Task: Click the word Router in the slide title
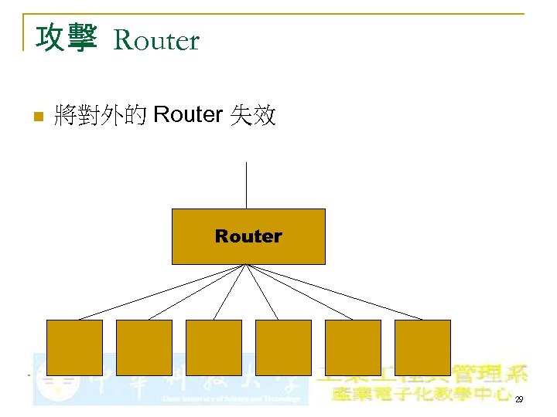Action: tap(156, 40)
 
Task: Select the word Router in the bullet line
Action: tap(188, 116)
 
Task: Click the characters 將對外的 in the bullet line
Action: tap(101, 116)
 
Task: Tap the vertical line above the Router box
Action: tap(246, 185)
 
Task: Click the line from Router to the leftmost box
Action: tap(162, 292)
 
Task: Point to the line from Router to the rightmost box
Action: tap(334, 292)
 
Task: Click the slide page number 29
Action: tap(518, 399)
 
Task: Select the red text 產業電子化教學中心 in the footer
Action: tap(422, 395)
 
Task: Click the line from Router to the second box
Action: tap(197, 292)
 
